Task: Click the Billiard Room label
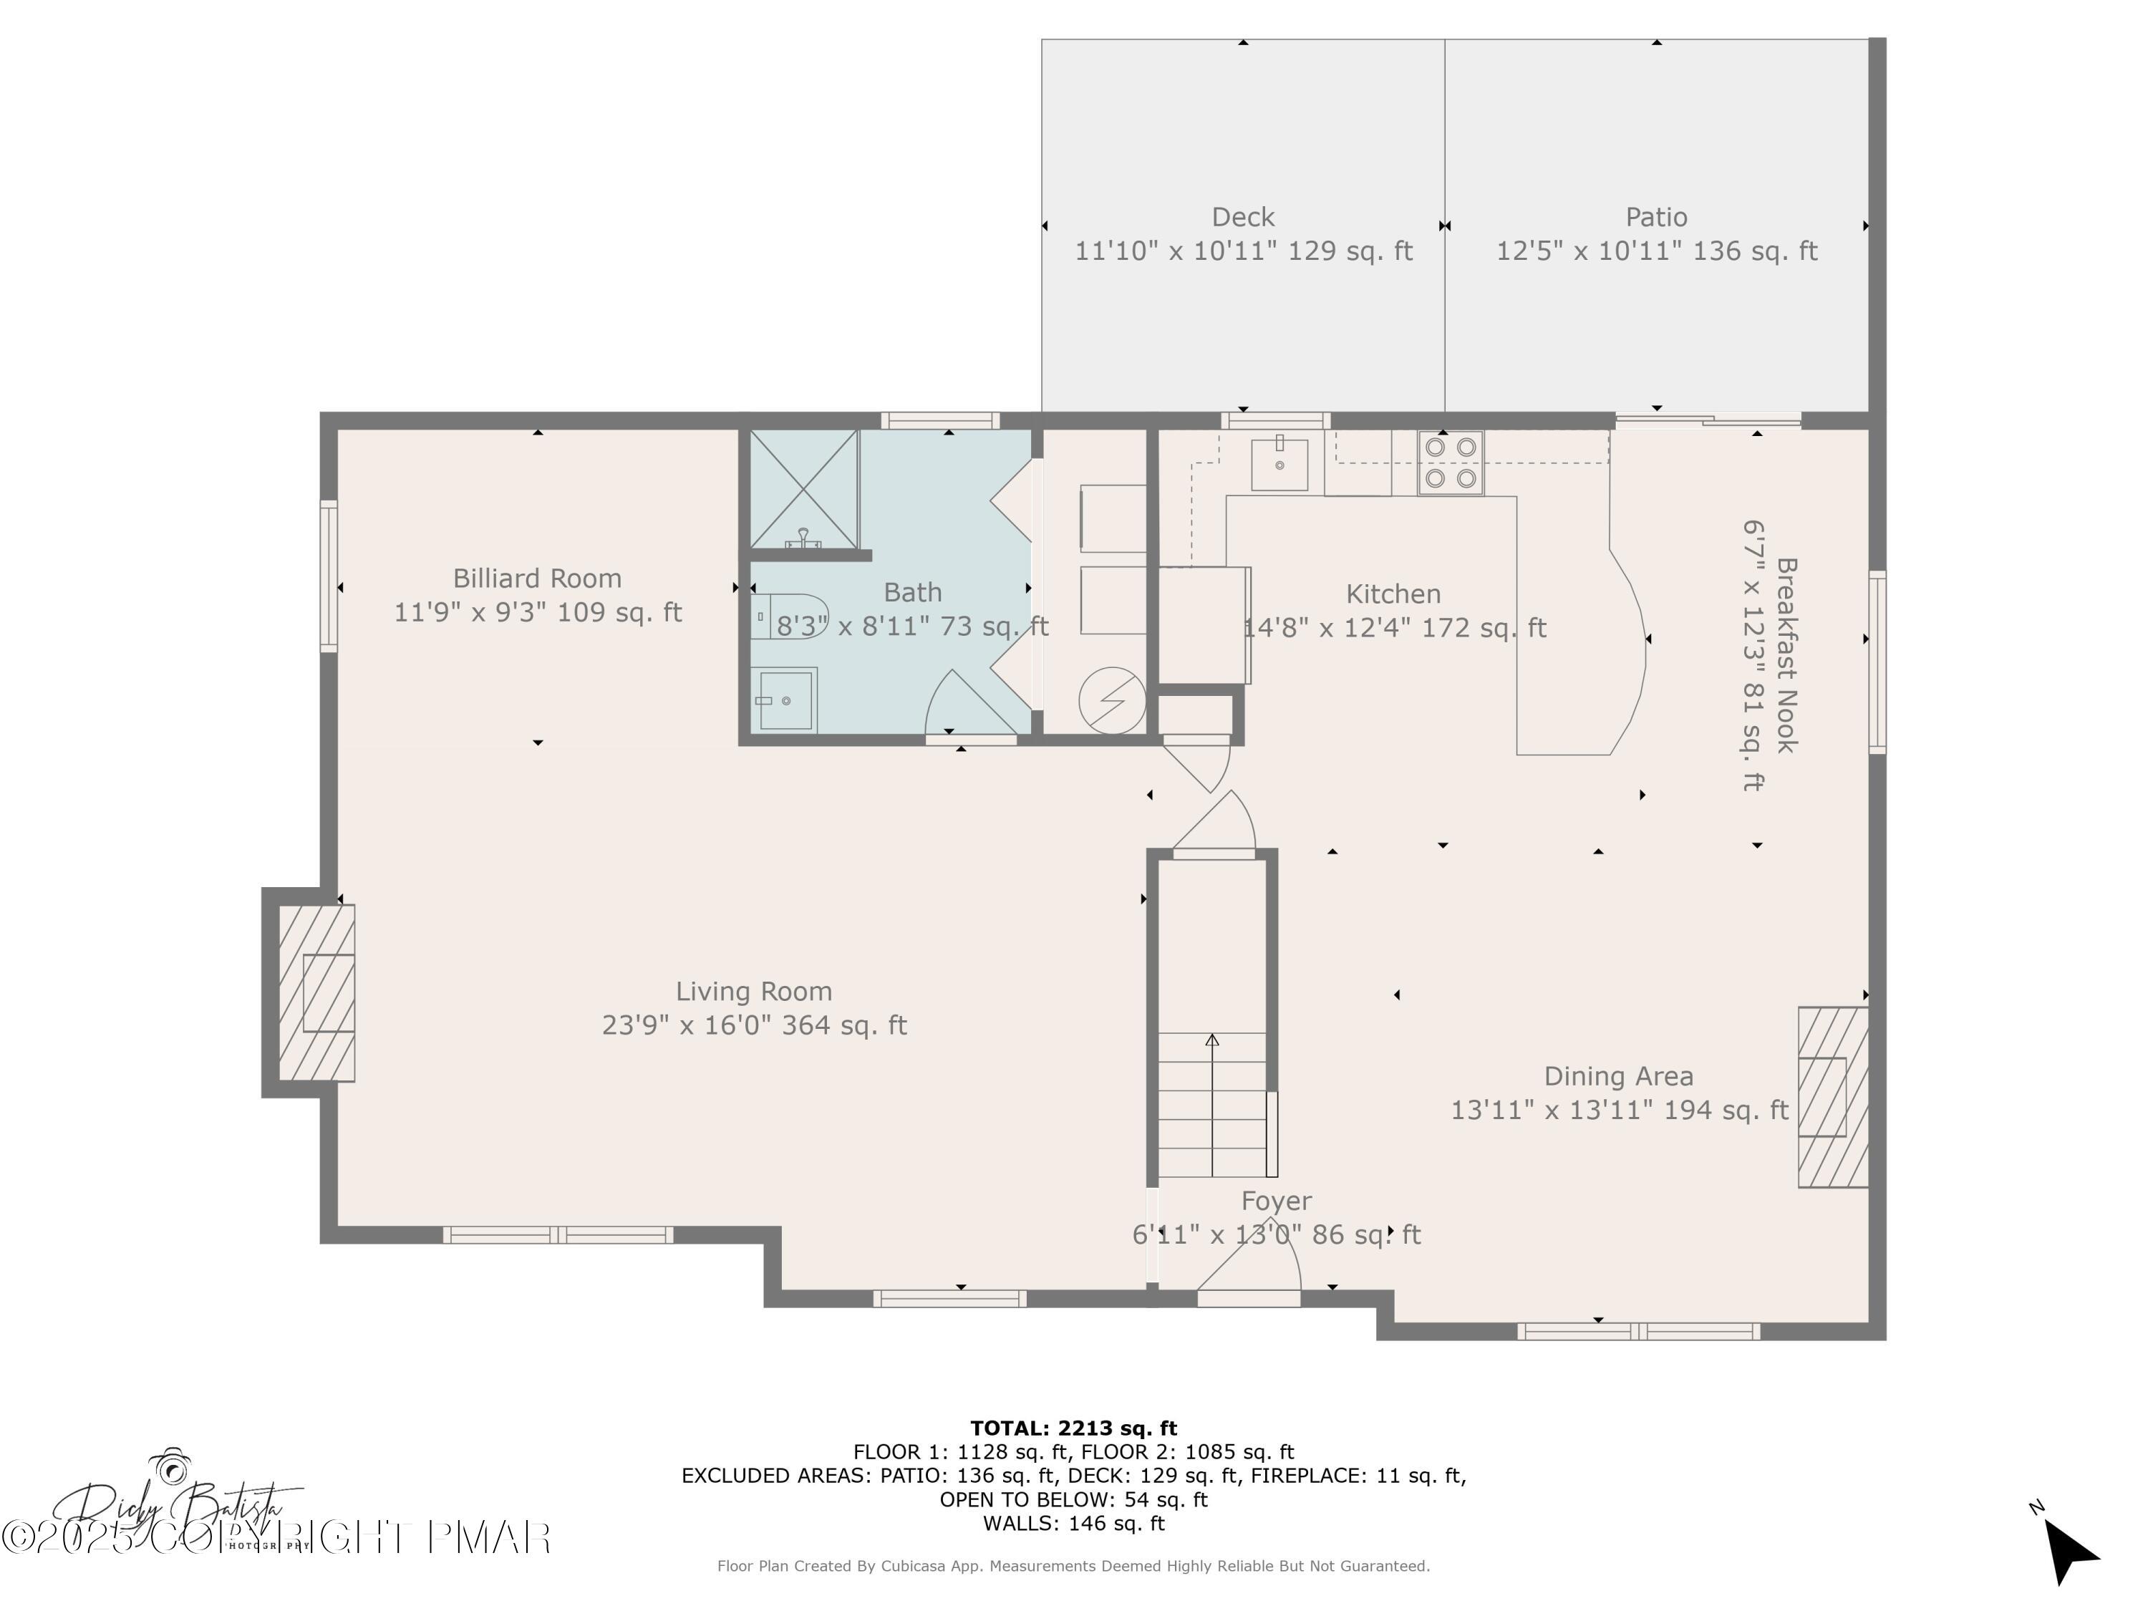point(537,579)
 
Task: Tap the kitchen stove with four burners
point(1450,463)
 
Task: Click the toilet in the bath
point(787,616)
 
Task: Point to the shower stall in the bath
point(804,490)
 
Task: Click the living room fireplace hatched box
point(316,992)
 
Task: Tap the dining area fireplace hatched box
point(1832,1096)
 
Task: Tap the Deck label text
point(1243,218)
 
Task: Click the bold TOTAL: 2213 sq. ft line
point(1073,1428)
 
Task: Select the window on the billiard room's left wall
point(329,576)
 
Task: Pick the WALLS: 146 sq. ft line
point(1073,1523)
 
